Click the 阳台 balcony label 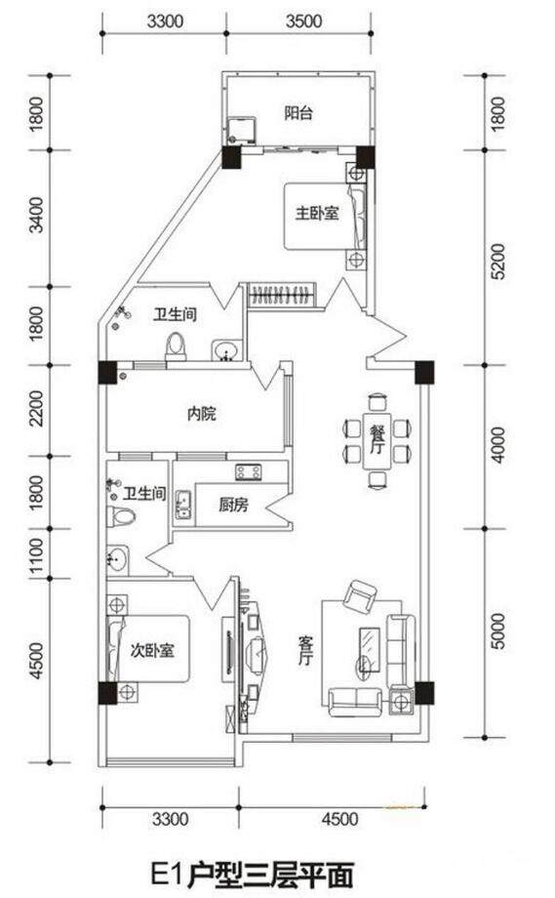tap(298, 113)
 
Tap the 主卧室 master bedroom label tap(317, 213)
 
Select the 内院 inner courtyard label tap(201, 413)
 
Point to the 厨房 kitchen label tap(233, 505)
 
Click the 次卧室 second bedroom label tap(152, 650)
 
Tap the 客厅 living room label tap(305, 650)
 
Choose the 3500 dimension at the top tap(303, 21)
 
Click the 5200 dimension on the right tap(498, 261)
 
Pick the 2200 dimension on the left tap(35, 408)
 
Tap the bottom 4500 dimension tap(339, 819)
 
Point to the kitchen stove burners tap(249, 471)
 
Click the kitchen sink tap(183, 504)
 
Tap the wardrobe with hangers tap(282, 296)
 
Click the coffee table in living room tap(370, 649)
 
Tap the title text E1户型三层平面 tap(252, 874)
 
